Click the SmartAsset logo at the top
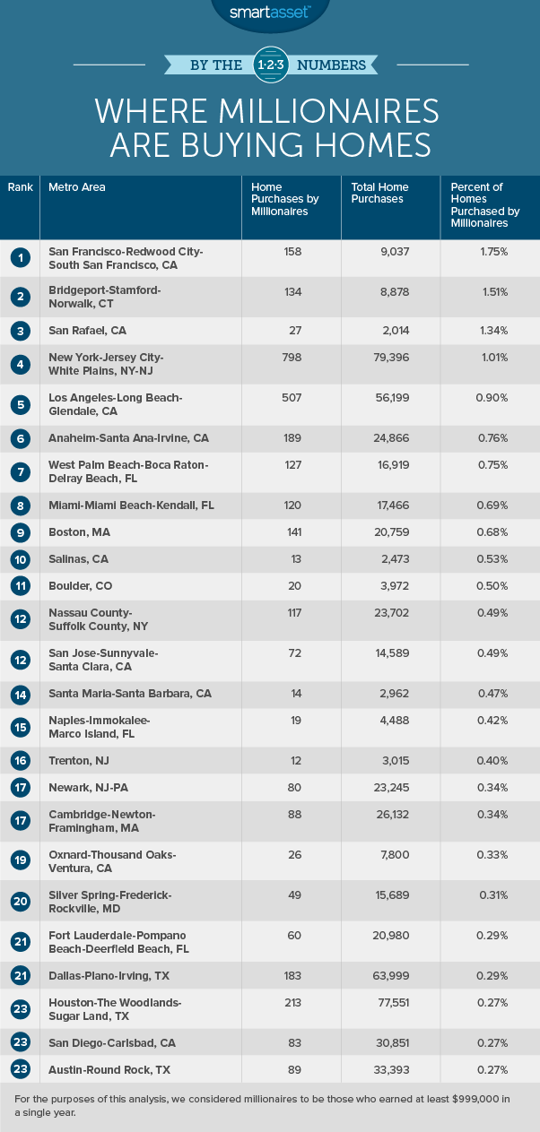pyautogui.click(x=269, y=13)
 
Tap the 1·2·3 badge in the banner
pyautogui.click(x=269, y=64)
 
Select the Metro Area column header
pyautogui.click(x=76, y=187)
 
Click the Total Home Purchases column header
pyautogui.click(x=379, y=193)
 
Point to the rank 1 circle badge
pyautogui.click(x=20, y=258)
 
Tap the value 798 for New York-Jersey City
pyautogui.click(x=292, y=358)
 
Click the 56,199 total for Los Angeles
pyautogui.click(x=391, y=398)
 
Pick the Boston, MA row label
pyautogui.click(x=79, y=532)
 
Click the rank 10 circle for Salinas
pyautogui.click(x=20, y=560)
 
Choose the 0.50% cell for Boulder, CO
pyautogui.click(x=492, y=586)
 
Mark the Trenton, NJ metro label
pyautogui.click(x=80, y=761)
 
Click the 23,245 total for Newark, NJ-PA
pyautogui.click(x=391, y=788)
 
